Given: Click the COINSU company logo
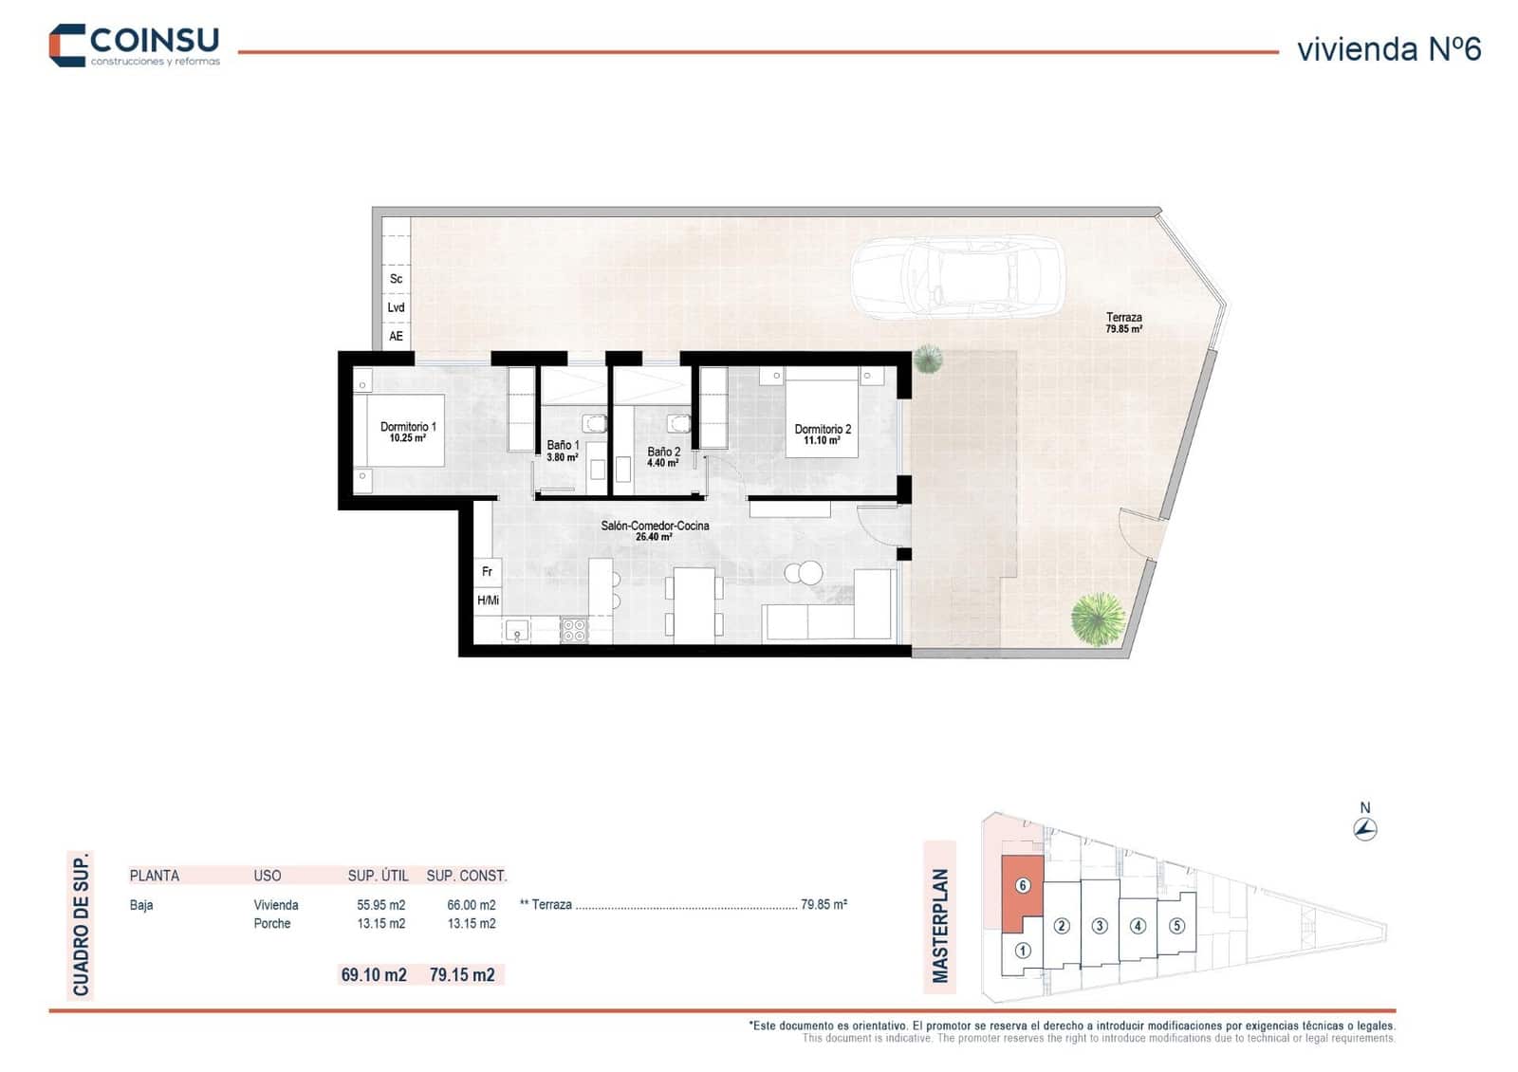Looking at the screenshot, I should [134, 45].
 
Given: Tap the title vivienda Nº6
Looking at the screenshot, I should [1388, 49].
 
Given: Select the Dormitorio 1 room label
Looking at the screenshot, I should [408, 433].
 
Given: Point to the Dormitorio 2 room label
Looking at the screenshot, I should [823, 434].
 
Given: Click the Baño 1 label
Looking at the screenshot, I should [563, 451].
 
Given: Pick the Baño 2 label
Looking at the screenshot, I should [663, 457].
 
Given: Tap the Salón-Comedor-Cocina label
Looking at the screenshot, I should [655, 530].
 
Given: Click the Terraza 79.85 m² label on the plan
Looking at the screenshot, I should [1123, 323].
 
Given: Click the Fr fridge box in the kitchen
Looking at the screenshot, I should [487, 572].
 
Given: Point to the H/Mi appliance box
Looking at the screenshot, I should [488, 601].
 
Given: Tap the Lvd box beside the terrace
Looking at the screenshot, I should [396, 307].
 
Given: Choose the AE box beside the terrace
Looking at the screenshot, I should [396, 336].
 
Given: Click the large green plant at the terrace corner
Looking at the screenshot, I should [1098, 619].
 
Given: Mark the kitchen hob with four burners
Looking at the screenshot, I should [574, 630].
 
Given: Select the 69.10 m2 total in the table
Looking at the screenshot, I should [374, 975].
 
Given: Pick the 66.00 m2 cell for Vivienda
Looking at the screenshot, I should [472, 905].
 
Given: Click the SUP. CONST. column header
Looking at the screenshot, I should [467, 876].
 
